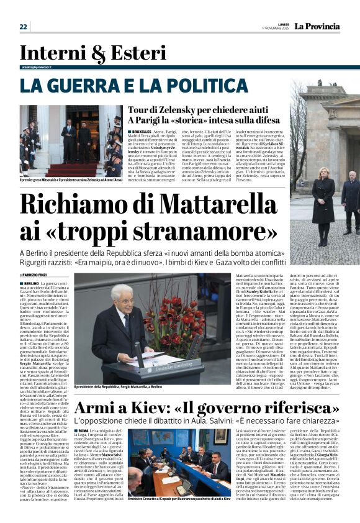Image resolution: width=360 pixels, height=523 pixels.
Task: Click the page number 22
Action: point(23,27)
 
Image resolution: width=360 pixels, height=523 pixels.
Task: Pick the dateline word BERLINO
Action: point(34,283)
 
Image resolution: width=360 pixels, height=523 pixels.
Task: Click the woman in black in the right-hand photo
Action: point(323,199)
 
